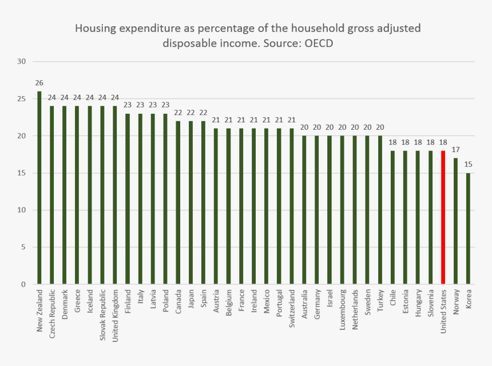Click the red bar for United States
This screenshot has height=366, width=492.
(443, 217)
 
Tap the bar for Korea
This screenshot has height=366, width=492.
(469, 228)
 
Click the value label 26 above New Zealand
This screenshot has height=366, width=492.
(39, 83)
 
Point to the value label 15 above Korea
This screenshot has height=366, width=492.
(469, 165)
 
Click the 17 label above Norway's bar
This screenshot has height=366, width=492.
(456, 150)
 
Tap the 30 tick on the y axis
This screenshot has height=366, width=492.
(22, 61)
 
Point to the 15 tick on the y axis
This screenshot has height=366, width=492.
(22, 173)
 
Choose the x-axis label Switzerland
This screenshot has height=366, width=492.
(292, 308)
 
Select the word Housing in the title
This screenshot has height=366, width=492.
(94, 28)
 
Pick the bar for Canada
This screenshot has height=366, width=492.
(178, 202)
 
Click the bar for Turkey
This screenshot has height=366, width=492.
(380, 210)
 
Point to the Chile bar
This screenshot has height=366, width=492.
(392, 217)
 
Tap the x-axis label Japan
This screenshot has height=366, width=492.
(191, 300)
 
